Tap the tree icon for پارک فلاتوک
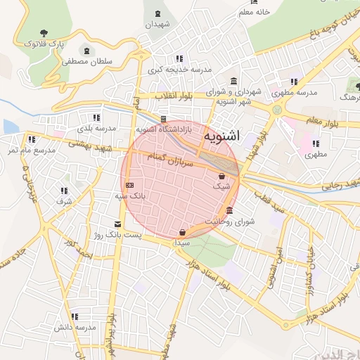[45, 32]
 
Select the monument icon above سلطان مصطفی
[86, 51]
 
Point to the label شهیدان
[157, 24]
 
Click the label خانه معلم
[255, 13]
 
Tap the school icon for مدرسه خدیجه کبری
[179, 58]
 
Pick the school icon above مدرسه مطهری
[293, 81]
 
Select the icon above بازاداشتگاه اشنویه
[163, 119]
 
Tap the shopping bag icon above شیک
[222, 176]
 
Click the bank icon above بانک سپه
[128, 185]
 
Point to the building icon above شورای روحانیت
[230, 211]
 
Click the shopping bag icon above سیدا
[183, 232]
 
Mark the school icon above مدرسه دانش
[75, 316]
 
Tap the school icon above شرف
[63, 190]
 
